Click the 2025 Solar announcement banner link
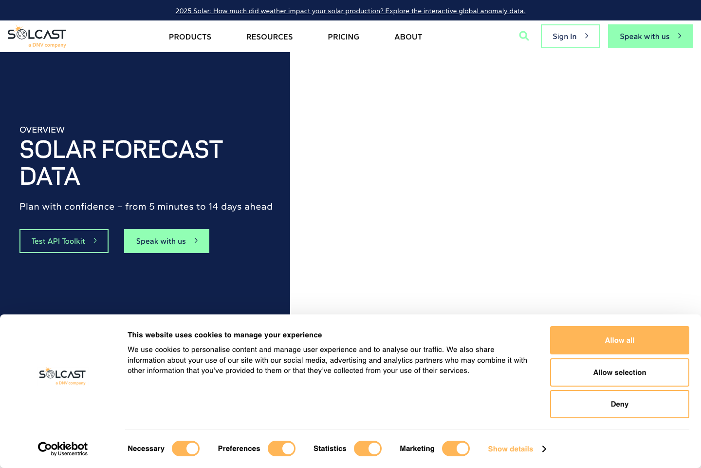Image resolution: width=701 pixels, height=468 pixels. pos(350,11)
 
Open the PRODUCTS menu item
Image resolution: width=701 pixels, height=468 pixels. pos(190,37)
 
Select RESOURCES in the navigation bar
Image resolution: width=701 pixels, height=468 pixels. pos(269,37)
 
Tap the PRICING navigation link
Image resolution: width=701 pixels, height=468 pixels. pos(343,37)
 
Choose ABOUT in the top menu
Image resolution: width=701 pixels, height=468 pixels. pos(408,37)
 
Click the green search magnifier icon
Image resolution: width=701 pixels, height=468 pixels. pos(524,36)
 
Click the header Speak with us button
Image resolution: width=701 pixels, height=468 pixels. pos(650,37)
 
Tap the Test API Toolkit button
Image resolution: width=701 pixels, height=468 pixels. pos(64,241)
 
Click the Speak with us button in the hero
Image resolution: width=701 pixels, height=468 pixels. pos(166,241)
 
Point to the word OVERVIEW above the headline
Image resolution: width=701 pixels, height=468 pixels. pos(42,130)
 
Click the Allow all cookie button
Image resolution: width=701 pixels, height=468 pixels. pos(619,340)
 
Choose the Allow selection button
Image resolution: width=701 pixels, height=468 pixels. pos(619,372)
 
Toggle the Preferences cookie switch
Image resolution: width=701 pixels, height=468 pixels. pos(281,448)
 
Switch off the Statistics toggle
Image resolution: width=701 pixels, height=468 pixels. pos(368,448)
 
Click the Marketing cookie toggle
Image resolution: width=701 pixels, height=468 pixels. pos(456,448)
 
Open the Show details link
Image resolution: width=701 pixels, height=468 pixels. pos(517,449)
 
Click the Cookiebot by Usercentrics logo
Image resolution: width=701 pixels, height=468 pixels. pos(63,448)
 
